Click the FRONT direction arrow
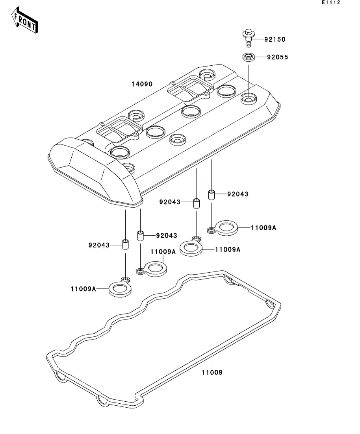point(24,20)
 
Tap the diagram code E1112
point(331,2)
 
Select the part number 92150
point(275,39)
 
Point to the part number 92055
point(277,57)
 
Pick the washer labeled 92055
point(249,57)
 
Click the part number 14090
point(142,84)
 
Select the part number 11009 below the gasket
point(212,372)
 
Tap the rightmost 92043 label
point(238,194)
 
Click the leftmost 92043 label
point(99,245)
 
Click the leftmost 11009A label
point(83,289)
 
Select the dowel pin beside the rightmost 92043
point(212,195)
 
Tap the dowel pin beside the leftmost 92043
point(126,244)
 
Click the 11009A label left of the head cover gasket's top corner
point(163,251)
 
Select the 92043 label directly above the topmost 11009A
point(238,194)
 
